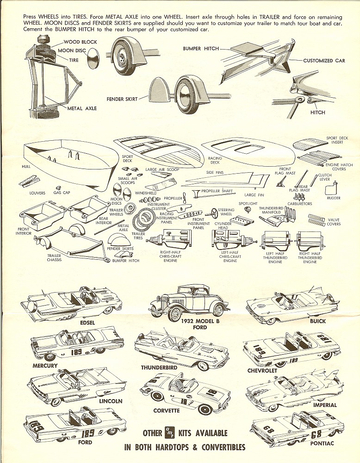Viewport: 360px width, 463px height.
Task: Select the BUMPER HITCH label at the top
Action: [x=198, y=48]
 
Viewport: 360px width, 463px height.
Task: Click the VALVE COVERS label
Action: [x=334, y=222]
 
